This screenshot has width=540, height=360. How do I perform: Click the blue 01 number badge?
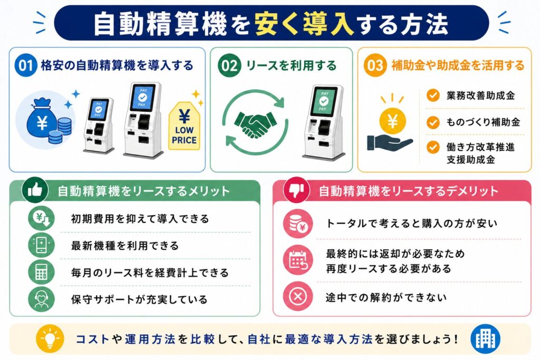(x=25, y=65)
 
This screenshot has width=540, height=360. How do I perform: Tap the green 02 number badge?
(x=229, y=65)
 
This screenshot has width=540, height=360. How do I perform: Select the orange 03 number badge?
(x=375, y=65)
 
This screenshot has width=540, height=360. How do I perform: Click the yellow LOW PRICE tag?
(x=184, y=126)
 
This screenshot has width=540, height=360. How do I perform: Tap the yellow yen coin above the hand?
(x=392, y=121)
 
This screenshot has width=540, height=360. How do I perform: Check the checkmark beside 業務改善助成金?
(x=433, y=95)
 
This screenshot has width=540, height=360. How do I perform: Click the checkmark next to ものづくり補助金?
(x=433, y=122)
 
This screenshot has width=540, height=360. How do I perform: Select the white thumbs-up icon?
(x=35, y=190)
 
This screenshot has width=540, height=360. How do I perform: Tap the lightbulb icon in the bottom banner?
(x=50, y=339)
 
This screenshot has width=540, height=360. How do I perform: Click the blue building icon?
(x=486, y=339)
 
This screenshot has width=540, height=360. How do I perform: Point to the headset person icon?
(x=41, y=299)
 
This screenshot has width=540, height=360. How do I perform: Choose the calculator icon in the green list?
(x=41, y=272)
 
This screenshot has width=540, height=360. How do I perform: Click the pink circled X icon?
(x=298, y=296)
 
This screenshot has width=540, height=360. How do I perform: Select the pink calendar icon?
(x=298, y=260)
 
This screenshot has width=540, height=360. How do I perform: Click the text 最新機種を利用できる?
(x=124, y=246)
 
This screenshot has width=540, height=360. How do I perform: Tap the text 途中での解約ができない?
(x=386, y=297)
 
